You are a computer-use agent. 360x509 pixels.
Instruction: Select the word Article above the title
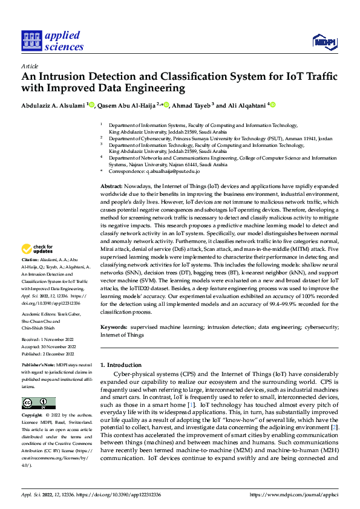(30, 66)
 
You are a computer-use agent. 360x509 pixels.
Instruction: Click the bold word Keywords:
(114, 327)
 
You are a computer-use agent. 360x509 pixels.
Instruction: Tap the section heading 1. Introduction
(120, 365)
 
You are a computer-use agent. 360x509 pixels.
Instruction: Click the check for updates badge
(38, 265)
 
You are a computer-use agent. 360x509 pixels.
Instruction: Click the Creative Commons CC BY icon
(38, 403)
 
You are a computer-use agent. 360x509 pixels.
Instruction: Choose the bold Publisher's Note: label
(38, 366)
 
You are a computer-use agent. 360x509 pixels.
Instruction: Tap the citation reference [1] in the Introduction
(191, 403)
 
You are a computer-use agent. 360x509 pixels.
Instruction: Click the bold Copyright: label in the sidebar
(32, 415)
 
